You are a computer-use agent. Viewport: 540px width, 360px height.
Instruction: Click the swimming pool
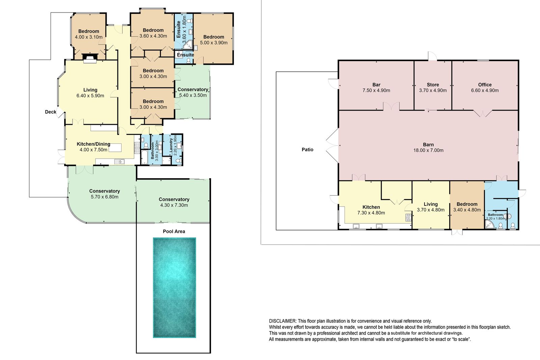click(x=174, y=287)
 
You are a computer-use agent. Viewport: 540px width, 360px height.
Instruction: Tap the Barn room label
click(x=428, y=145)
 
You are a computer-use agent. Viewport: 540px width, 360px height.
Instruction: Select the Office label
click(x=485, y=85)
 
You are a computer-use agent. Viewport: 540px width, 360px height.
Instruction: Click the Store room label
click(x=433, y=85)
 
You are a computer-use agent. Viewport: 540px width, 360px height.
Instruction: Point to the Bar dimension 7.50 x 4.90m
click(x=376, y=90)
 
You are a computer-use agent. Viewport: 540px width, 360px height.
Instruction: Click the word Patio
click(x=307, y=149)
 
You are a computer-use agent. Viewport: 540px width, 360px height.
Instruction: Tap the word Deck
click(x=50, y=112)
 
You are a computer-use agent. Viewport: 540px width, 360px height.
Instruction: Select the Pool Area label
click(x=174, y=231)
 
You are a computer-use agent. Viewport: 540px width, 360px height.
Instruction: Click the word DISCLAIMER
click(x=282, y=321)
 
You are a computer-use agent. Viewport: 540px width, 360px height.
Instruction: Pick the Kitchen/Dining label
click(x=93, y=144)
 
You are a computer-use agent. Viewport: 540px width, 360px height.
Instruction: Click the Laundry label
click(x=171, y=145)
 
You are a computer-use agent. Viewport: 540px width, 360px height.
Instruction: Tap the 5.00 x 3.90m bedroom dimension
click(x=214, y=43)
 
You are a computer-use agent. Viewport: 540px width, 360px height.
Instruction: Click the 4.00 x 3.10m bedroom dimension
click(x=89, y=37)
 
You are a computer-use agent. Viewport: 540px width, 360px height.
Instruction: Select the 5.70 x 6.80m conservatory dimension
click(x=104, y=197)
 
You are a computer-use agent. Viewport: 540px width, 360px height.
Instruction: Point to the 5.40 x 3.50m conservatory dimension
click(x=193, y=95)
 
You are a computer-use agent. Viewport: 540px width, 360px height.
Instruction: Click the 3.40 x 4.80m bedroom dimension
click(x=467, y=210)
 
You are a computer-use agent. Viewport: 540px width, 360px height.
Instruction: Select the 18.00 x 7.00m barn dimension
click(x=428, y=150)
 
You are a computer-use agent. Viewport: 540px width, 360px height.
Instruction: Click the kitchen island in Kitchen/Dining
click(x=115, y=148)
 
